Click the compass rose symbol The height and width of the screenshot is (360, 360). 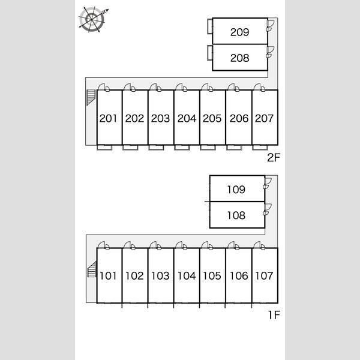tap(92, 20)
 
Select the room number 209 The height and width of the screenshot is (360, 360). tap(239, 32)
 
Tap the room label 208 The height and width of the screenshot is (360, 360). tap(239, 58)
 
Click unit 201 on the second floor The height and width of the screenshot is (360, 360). tap(109, 118)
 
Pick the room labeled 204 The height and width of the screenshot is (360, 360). tap(187, 118)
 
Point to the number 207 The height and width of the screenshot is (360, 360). tap(264, 118)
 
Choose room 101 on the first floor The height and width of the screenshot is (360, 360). tap(108, 276)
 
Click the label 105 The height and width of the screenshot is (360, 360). tap(212, 276)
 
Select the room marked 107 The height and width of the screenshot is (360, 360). tap(264, 276)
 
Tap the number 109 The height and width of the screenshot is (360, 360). tap(236, 190)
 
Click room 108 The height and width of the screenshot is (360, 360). tap(236, 215)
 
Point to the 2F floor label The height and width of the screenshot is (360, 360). tap(274, 157)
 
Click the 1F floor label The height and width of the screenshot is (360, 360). tap(274, 315)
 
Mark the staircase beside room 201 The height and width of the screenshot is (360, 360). tap(91, 97)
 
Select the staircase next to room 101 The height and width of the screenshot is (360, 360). tap(92, 269)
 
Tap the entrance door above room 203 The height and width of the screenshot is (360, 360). tap(155, 87)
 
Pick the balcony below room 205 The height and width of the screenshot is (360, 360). tap(208, 148)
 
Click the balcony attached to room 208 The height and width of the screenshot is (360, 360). tap(210, 53)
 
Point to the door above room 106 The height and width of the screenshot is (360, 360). tap(233, 245)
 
